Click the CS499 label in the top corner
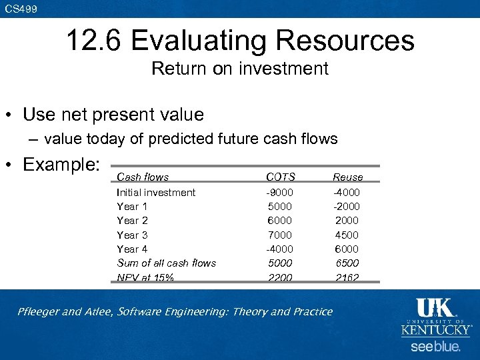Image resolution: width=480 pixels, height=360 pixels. coord(21,9)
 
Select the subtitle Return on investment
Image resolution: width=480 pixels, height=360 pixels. coord(240,68)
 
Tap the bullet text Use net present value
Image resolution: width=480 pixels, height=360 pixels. coord(113,115)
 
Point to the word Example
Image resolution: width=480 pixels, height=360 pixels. coord(61,163)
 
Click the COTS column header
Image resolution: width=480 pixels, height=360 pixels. coord(280,177)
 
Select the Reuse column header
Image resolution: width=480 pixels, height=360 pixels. coord(347,177)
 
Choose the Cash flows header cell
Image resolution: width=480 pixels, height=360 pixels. coord(143,177)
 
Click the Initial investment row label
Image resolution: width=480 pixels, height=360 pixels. coord(156,192)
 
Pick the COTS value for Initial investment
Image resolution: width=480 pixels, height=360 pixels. coord(280,192)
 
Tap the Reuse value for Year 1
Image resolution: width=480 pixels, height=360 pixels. coord(347,206)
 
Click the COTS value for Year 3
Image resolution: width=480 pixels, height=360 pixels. coord(280,235)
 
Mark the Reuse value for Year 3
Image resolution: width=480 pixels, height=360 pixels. coord(347,235)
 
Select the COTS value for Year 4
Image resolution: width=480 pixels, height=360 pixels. coord(280,249)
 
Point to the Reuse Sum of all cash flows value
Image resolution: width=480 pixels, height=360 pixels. coord(347,263)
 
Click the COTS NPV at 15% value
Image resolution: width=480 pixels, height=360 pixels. coord(280,277)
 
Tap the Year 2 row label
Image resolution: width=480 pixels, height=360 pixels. coord(132,220)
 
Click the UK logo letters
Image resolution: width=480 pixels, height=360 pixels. coord(435,309)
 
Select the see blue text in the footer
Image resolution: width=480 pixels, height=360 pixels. coord(435,347)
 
